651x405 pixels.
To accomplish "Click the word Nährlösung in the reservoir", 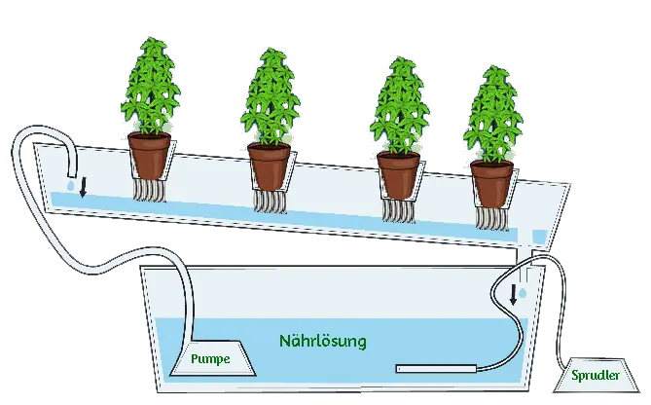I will pyautogui.click(x=322, y=342).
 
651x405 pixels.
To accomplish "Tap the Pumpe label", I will pyautogui.click(x=210, y=359).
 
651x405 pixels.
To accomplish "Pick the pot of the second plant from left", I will pyautogui.click(x=269, y=166).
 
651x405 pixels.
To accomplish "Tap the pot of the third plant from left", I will pyautogui.click(x=398, y=173).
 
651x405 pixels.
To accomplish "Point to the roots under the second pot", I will pyautogui.click(x=268, y=201).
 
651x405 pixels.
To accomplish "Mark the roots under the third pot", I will pyautogui.click(x=399, y=209).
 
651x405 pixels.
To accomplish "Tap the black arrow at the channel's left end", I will pyautogui.click(x=83, y=186).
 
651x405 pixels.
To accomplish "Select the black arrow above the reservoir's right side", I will pyautogui.click(x=513, y=293).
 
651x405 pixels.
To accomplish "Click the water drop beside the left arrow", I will pyautogui.click(x=71, y=183).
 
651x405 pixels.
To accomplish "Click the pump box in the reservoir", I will pyautogui.click(x=211, y=361).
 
